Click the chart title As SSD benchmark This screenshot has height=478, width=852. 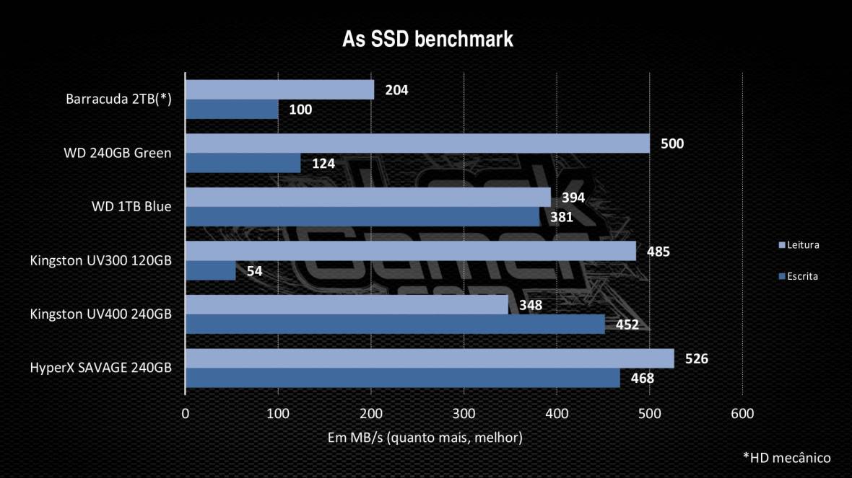point(427,39)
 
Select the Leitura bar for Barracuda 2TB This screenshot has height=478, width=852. point(280,89)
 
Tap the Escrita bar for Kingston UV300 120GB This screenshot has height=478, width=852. point(211,270)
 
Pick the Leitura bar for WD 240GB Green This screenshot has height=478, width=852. point(417,143)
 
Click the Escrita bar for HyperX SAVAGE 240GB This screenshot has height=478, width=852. point(403,378)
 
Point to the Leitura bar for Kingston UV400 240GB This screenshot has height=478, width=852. point(347,304)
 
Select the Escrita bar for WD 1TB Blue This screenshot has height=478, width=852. point(362,216)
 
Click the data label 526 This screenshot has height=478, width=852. point(696,359)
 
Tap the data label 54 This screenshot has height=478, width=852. point(254,271)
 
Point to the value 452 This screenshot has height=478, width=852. point(627,324)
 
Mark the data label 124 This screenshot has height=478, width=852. point(323,164)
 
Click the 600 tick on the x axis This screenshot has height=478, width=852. point(742,414)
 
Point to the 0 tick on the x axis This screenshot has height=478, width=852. point(186,414)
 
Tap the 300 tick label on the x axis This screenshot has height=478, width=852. point(464,414)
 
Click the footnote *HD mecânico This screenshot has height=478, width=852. point(786,457)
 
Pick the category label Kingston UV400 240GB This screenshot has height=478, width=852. point(100,314)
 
